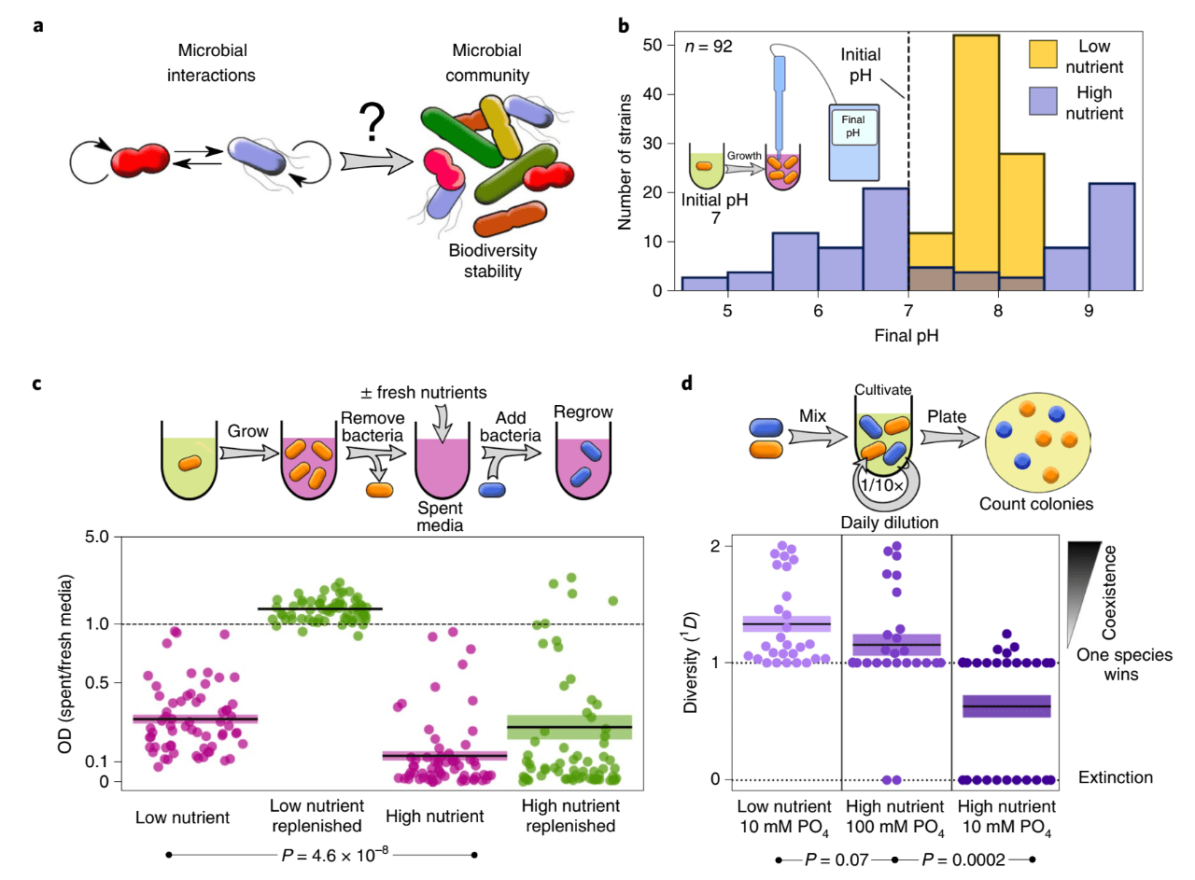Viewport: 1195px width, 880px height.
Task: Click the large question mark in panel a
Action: click(x=372, y=122)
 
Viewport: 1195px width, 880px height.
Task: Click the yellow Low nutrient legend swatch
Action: click(x=1043, y=54)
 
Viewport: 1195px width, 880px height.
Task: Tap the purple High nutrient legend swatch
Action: click(x=1043, y=101)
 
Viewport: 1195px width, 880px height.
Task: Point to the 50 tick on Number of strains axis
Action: click(x=652, y=45)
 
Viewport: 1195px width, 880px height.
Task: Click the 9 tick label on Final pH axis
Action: click(x=1089, y=311)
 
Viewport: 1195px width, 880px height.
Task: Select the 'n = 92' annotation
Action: click(x=709, y=47)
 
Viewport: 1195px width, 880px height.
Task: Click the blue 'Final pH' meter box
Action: click(x=853, y=143)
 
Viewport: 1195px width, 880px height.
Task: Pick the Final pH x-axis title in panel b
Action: click(x=906, y=335)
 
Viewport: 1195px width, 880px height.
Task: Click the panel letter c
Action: click(x=36, y=384)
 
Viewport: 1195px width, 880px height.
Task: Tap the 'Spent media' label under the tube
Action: click(x=440, y=516)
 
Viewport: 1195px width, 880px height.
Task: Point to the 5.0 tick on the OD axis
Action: click(x=96, y=537)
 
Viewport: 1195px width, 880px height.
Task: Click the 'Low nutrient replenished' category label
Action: click(x=316, y=816)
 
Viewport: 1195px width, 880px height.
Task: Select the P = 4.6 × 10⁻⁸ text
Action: click(x=335, y=855)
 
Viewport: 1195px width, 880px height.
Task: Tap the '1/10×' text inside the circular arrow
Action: click(x=882, y=485)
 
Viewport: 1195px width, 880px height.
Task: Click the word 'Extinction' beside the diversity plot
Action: click(x=1115, y=777)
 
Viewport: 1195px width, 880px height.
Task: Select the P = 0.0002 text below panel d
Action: click(x=963, y=859)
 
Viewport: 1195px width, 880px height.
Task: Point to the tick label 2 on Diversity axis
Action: click(x=715, y=546)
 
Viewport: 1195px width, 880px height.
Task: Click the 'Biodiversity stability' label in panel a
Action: click(x=492, y=260)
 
